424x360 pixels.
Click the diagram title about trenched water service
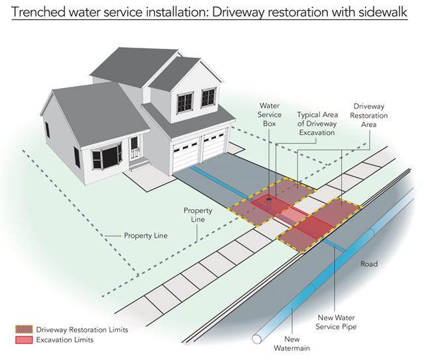click(209, 12)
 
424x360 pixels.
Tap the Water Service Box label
click(270, 114)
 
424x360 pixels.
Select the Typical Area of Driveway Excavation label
click(317, 124)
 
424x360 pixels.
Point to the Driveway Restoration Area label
click(369, 115)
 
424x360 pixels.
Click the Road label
click(369, 264)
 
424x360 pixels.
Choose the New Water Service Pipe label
click(336, 322)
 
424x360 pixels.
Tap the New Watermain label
click(291, 343)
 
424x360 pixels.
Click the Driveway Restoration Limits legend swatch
click(24, 330)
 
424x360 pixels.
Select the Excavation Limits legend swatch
click(24, 339)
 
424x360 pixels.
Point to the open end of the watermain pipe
click(257, 339)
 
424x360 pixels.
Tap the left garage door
click(186, 156)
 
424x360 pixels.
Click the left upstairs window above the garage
click(185, 103)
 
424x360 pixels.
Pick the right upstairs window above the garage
click(209, 97)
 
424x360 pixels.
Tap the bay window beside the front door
click(106, 157)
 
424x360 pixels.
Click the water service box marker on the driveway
click(269, 199)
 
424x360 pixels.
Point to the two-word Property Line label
click(146, 236)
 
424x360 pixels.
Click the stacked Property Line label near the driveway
click(197, 215)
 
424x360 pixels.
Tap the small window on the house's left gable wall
click(47, 130)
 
